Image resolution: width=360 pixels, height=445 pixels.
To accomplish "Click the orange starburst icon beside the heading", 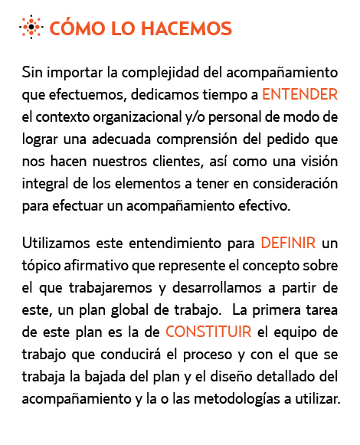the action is pos(31,27).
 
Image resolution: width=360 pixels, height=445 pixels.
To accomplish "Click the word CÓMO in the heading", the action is pos(77,28).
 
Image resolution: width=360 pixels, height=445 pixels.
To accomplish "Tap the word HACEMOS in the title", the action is pos(187,28).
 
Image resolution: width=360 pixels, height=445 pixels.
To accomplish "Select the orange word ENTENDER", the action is pos(299,94).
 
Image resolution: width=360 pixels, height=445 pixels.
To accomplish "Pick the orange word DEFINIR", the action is pos(288,243).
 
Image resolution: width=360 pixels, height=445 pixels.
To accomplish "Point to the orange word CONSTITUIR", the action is pos(208,332).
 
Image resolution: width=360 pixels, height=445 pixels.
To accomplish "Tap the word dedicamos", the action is pos(165,94).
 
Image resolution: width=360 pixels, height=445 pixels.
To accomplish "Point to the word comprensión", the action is pos(197,139).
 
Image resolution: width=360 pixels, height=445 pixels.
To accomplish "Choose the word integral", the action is pos(44,184).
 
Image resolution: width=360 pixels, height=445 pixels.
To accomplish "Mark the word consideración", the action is pos(295,183).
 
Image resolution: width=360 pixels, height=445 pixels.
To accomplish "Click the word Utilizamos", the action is pos(56,243).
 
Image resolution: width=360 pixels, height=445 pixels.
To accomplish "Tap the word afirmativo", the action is pos(96,266).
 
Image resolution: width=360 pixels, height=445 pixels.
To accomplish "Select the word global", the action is pos(129,310).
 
